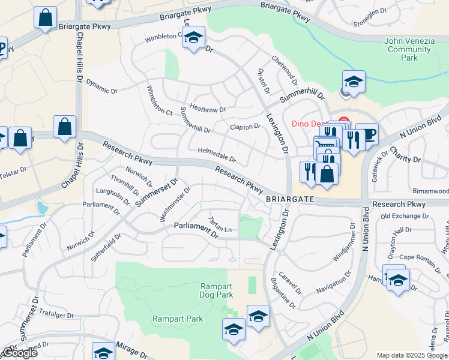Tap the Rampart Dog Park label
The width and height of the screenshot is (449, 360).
(x=216, y=290)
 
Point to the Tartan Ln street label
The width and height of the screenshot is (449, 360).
(x=220, y=225)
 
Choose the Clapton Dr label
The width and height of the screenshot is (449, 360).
(x=246, y=127)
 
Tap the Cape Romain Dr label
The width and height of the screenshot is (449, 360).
(x=420, y=257)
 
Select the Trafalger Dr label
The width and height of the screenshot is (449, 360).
(x=56, y=314)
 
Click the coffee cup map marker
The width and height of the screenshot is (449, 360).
(x=367, y=134)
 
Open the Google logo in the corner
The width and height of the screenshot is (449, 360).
(x=19, y=353)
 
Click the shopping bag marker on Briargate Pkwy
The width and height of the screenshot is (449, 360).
(x=46, y=18)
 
